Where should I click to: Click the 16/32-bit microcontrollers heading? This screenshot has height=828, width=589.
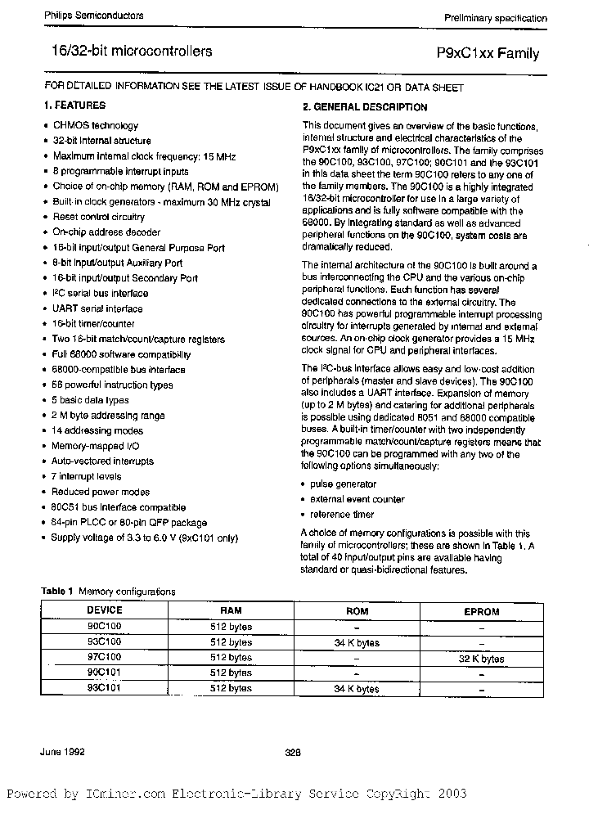click(126, 52)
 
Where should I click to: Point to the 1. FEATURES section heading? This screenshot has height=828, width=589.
click(74, 106)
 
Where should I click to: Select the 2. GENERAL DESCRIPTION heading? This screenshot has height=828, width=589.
click(365, 107)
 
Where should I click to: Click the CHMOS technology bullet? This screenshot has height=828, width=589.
click(95, 126)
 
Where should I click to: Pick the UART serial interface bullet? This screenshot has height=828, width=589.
click(97, 309)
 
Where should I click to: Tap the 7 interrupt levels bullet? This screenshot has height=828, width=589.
click(86, 477)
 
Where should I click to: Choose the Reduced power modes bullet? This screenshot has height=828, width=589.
click(101, 493)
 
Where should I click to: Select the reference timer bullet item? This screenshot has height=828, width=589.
click(341, 515)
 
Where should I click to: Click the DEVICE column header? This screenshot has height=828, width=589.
click(104, 610)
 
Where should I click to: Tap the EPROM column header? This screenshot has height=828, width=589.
click(481, 611)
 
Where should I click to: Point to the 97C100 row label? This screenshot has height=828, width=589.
click(104, 658)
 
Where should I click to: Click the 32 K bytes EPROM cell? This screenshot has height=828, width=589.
click(481, 659)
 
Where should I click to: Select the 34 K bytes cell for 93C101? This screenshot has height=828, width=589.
click(357, 690)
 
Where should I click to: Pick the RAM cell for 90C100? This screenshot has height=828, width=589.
click(231, 627)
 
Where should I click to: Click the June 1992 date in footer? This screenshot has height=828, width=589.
click(63, 751)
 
